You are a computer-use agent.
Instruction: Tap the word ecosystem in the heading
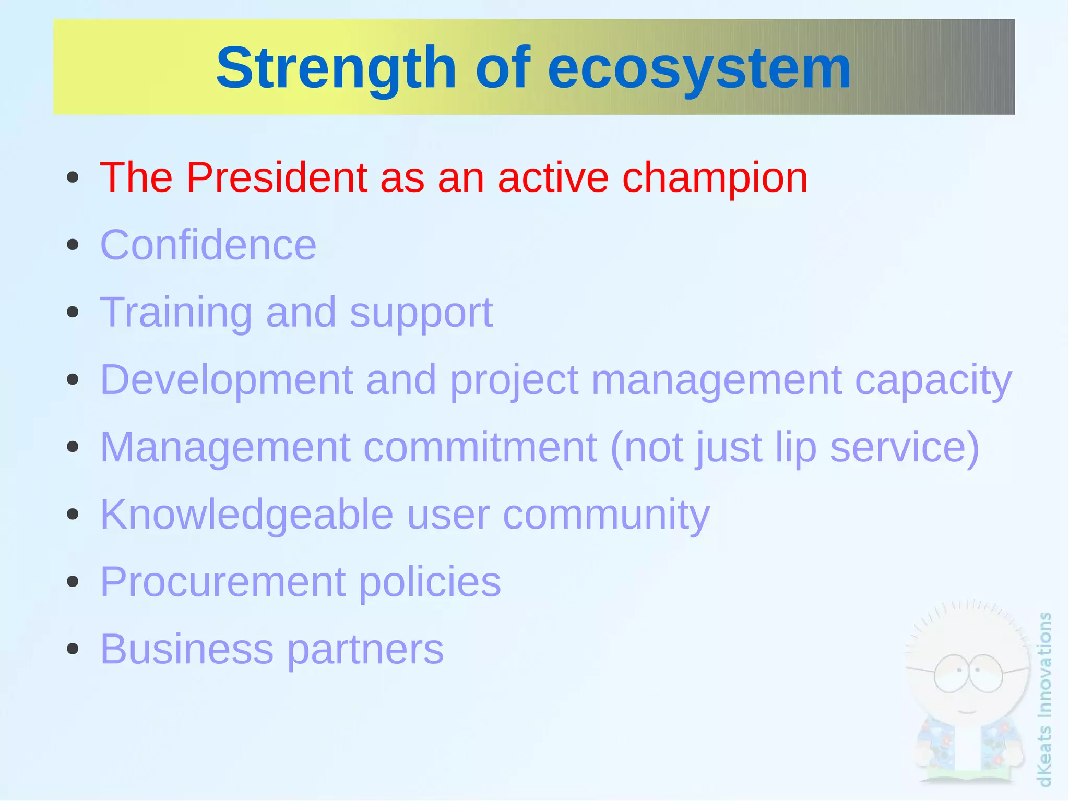tap(699, 68)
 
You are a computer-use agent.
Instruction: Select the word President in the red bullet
tap(277, 177)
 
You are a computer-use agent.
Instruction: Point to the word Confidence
tap(208, 245)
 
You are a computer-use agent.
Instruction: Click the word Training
tap(176, 312)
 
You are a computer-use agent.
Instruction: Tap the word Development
tap(226, 380)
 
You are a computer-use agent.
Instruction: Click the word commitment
tap(480, 447)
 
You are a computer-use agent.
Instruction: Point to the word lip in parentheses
tap(795, 447)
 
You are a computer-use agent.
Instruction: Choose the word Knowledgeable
tap(246, 515)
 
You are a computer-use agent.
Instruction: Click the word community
tap(606, 515)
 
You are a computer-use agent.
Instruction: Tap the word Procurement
tap(223, 582)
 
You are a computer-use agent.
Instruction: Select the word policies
tap(430, 582)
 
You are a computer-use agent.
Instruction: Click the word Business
tap(186, 649)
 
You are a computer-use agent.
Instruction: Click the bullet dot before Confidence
tap(73, 245)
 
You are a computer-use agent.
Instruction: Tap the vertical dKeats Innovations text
tap(1044, 699)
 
